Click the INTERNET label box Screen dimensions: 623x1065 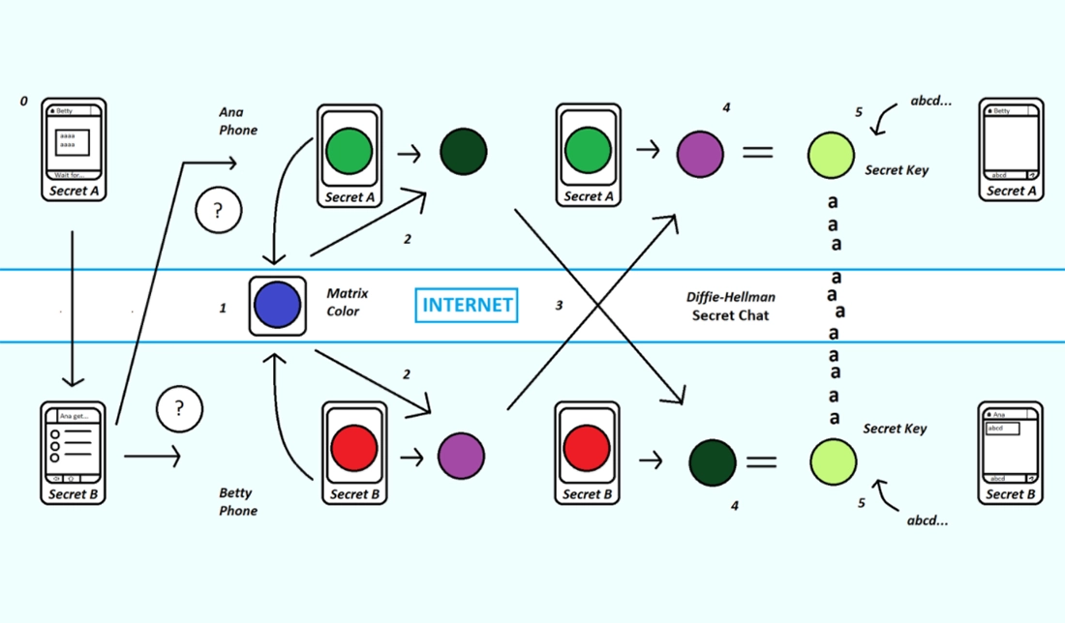pos(467,305)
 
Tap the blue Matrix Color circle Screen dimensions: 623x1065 pos(277,306)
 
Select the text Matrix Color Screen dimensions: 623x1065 pos(346,302)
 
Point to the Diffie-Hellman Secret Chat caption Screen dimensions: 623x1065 pos(731,307)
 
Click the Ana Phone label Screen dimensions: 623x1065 pos(238,121)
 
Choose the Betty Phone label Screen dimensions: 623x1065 pos(238,502)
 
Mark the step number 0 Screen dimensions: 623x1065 pos(24,101)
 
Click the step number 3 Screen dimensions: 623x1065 pos(559,306)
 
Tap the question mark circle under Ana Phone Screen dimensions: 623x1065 pos(218,211)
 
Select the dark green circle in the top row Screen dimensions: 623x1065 pos(463,152)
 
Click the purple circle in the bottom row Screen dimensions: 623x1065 pos(461,456)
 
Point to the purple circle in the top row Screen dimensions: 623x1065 pos(700,153)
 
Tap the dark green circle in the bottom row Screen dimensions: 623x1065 pos(713,462)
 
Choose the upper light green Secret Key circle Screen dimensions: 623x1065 pos(831,156)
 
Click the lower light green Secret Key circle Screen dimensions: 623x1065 pos(833,461)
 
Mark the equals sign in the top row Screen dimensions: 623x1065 pos(757,153)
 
